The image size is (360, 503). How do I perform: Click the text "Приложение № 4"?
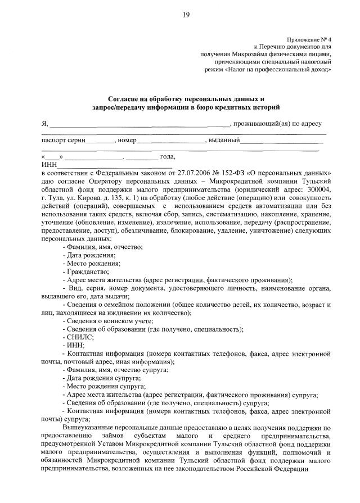(309, 39)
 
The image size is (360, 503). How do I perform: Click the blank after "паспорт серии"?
(101, 140)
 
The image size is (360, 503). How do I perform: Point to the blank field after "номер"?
(172, 140)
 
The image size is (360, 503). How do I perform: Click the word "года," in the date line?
(168, 157)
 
